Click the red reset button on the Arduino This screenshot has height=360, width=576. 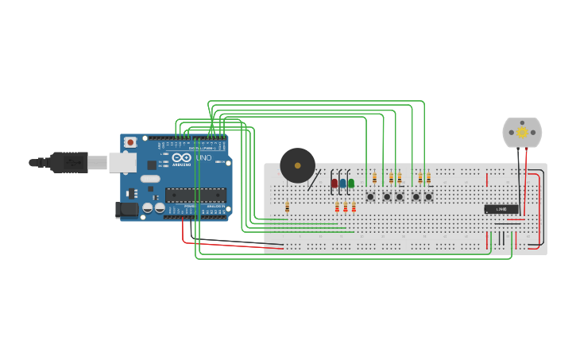coord(130,143)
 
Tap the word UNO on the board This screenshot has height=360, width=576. coord(203,157)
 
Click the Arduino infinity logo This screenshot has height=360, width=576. coord(181,157)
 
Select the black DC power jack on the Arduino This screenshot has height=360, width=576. coord(125,210)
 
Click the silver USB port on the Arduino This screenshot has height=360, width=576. coord(122,162)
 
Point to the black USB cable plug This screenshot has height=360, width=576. coord(69,162)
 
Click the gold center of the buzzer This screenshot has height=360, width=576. coord(297,165)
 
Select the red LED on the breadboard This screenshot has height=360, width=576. coord(334,184)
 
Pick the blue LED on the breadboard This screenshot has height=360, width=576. coord(342,184)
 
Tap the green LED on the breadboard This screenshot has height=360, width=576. coord(351,184)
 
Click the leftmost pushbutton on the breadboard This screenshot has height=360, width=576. coord(370,196)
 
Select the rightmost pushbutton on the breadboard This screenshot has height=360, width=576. coord(428,196)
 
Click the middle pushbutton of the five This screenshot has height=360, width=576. coord(400,196)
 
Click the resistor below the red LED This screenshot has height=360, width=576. coord(337,207)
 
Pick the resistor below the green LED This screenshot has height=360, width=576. coord(354,207)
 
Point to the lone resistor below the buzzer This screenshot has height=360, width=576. coord(287,207)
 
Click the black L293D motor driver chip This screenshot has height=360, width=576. coord(501,209)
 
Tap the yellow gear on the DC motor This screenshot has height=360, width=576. coord(522,132)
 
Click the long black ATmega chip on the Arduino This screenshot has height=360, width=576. coord(195,195)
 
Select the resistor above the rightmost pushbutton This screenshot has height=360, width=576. coord(428,178)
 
